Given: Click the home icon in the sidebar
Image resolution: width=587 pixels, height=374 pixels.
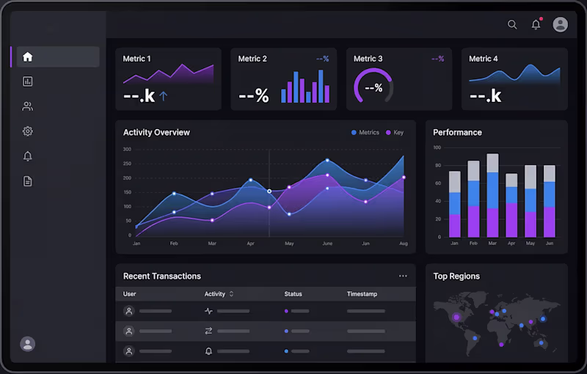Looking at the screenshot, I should (x=28, y=57).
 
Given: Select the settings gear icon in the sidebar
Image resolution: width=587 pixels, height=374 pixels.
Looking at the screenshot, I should (x=28, y=131).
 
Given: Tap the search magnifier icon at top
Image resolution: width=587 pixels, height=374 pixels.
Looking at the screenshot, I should (x=512, y=24).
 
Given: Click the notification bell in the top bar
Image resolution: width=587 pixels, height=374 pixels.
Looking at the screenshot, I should (x=536, y=25).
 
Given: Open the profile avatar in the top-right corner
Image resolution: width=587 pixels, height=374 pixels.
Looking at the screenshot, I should (x=560, y=24).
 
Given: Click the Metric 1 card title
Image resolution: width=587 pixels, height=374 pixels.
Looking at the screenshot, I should (x=136, y=59).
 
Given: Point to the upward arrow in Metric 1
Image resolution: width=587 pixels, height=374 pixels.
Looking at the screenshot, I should (x=164, y=95).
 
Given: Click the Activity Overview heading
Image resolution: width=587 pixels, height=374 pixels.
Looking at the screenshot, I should (x=156, y=133).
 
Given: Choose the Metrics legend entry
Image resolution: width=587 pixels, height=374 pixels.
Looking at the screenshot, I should (x=365, y=133).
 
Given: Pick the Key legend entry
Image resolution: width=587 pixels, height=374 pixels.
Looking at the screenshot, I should (x=394, y=133).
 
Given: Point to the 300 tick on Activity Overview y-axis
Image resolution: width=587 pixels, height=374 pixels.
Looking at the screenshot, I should (x=127, y=150).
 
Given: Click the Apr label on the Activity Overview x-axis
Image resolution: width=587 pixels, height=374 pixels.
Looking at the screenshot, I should (x=250, y=243).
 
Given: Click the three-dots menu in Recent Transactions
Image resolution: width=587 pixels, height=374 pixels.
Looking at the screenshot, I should (x=403, y=276).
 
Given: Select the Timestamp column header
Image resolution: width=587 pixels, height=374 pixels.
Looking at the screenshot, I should (x=362, y=294).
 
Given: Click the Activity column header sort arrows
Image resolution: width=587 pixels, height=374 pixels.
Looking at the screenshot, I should (x=232, y=294).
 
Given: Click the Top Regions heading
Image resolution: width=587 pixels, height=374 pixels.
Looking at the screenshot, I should (x=456, y=276).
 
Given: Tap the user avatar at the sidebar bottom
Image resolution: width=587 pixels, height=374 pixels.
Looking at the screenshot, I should (x=28, y=343).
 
